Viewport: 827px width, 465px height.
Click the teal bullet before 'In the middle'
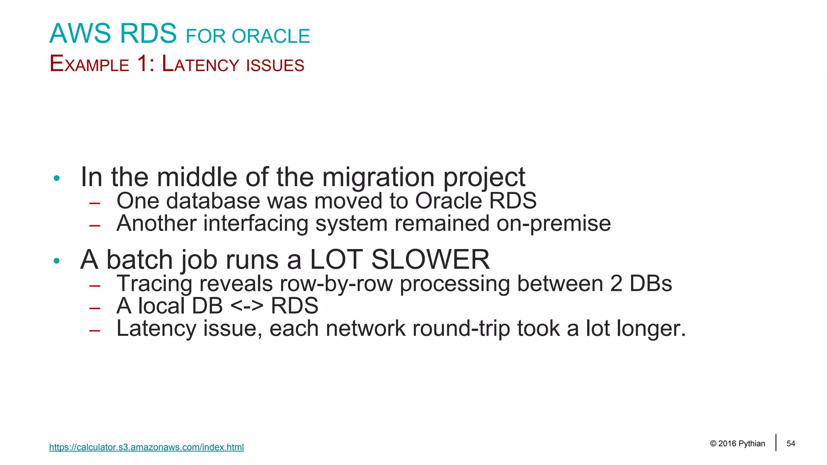click(x=57, y=178)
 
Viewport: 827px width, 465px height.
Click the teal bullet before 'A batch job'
click(x=57, y=261)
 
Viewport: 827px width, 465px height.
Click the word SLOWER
click(x=430, y=260)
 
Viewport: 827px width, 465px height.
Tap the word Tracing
click(x=154, y=284)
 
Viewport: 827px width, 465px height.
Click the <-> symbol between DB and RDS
click(x=247, y=306)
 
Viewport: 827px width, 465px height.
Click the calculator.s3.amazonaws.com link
click(x=146, y=447)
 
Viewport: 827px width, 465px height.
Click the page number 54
click(x=791, y=444)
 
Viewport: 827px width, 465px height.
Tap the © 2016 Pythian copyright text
click(x=737, y=444)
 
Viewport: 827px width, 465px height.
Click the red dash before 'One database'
click(x=95, y=203)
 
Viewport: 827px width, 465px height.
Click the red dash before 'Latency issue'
click(x=95, y=331)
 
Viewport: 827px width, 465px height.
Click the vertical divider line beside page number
click(x=776, y=442)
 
